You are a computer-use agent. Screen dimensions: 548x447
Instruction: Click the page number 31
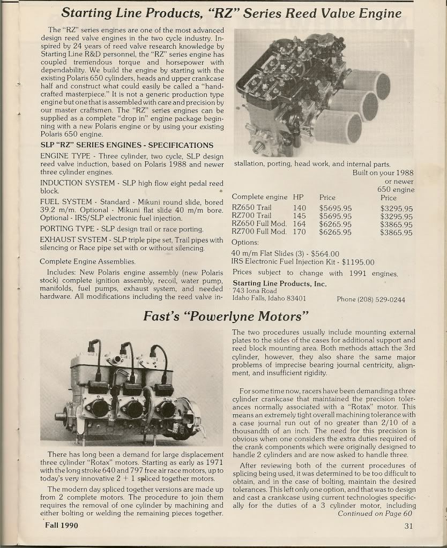tap(409, 526)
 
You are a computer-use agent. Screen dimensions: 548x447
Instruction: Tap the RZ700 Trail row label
tap(251, 216)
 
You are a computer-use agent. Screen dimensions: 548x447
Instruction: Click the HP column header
tap(298, 197)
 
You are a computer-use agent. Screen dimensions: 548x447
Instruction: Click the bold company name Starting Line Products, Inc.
tap(279, 283)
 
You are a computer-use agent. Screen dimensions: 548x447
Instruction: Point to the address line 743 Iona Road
tap(255, 291)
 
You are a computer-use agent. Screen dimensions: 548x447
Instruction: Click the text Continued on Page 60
tap(375, 514)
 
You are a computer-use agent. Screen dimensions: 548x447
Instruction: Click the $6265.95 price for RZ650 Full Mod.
tap(336, 224)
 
